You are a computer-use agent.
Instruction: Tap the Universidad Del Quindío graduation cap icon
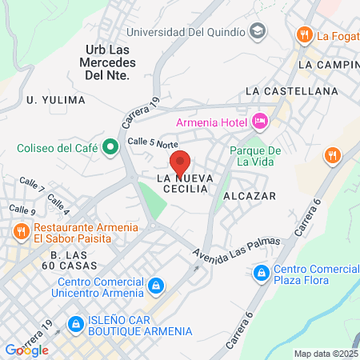click(258, 32)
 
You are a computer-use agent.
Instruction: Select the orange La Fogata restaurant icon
click(304, 35)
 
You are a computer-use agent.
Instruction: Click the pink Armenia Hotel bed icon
click(260, 121)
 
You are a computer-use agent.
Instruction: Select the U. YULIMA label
click(55, 100)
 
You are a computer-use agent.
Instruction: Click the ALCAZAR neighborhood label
click(250, 195)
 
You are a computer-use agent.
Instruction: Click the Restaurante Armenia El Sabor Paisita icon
click(22, 231)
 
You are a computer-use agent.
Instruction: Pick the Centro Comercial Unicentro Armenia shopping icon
click(157, 285)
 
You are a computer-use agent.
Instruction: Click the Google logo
click(26, 350)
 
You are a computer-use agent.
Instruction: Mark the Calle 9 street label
click(22, 210)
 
